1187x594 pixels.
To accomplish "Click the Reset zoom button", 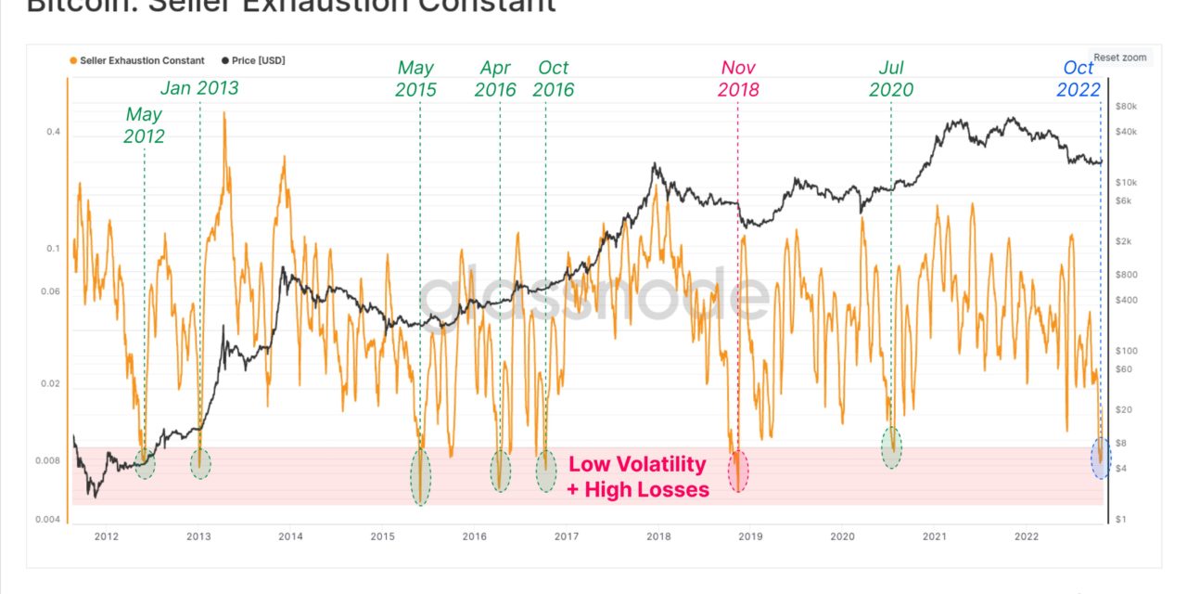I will pos(1119,58).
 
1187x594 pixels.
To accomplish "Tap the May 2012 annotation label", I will pos(144,125).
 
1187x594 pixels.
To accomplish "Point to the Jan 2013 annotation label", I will pos(199,88).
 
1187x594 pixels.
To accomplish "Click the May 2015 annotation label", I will pos(415,79).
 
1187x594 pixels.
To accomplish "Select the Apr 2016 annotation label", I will pos(496,79).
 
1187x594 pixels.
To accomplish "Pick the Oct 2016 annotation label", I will pos(555,79).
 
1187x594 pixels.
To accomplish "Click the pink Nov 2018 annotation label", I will pos(739,79).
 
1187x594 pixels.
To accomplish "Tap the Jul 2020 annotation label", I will pos(891,79).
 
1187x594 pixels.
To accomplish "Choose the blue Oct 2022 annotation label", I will pos(1078,79).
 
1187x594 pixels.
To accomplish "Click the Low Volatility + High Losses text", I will pos(637,476).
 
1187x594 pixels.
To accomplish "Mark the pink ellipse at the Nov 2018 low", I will pos(738,471).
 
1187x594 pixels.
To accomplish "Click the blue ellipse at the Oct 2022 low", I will pos(1101,458).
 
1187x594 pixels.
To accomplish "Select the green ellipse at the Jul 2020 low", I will pos(891,446).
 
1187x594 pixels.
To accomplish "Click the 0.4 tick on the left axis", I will pos(53,133).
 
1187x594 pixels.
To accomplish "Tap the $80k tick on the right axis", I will pos(1126,107).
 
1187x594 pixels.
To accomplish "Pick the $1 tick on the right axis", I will pos(1120,520).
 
